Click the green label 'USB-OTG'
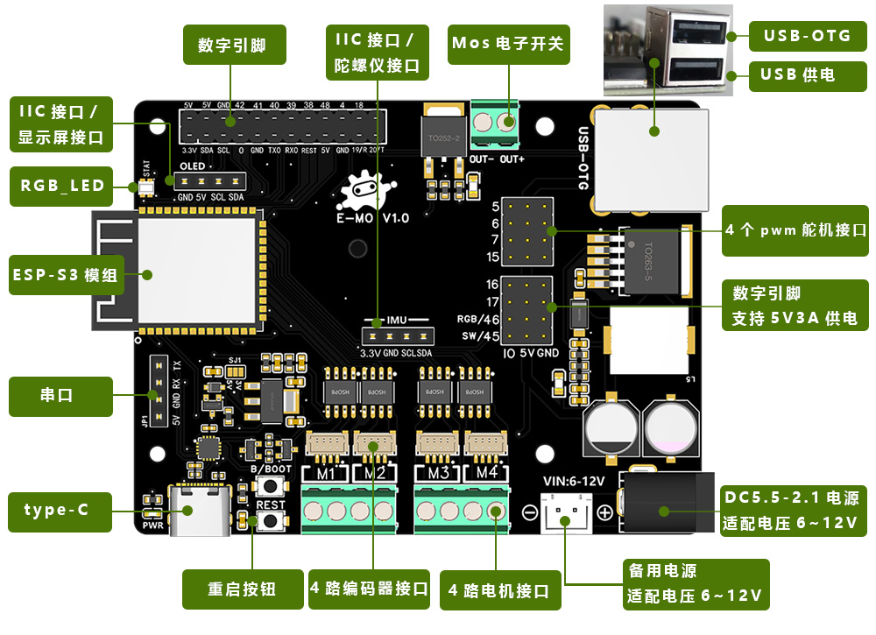point(807,36)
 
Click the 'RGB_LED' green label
point(61,186)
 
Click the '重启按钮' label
point(241,589)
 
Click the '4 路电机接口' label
point(498,591)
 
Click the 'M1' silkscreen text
point(326,475)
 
